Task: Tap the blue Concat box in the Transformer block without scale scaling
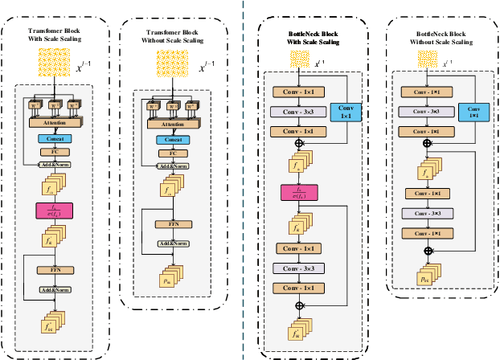click(167, 139)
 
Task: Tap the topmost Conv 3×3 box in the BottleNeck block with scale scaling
click(298, 112)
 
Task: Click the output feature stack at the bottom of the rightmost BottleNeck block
click(424, 272)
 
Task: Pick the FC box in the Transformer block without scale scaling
click(167, 152)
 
